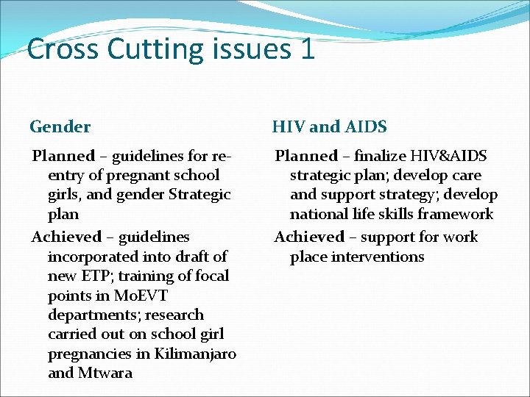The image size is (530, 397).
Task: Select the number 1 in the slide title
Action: click(308, 49)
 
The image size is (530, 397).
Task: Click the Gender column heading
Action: click(60, 126)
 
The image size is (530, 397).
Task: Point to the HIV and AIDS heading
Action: click(329, 126)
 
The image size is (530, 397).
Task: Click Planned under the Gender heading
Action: click(63, 156)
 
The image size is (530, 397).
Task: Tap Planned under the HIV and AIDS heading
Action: click(306, 156)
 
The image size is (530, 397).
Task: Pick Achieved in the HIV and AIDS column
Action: click(309, 237)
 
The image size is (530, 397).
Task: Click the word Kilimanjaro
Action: click(196, 354)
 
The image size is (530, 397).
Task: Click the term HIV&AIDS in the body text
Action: click(450, 156)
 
